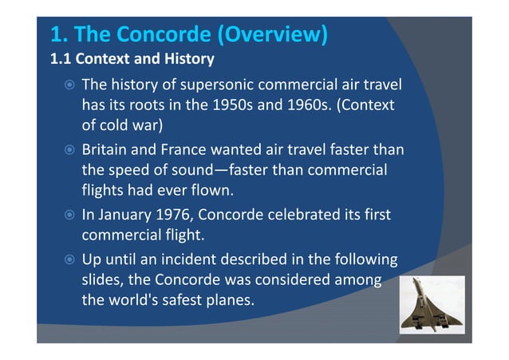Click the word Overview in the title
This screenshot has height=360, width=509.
271,35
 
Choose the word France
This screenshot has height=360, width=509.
180,149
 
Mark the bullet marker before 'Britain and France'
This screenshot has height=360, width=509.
69,150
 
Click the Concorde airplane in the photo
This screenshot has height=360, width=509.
432,303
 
